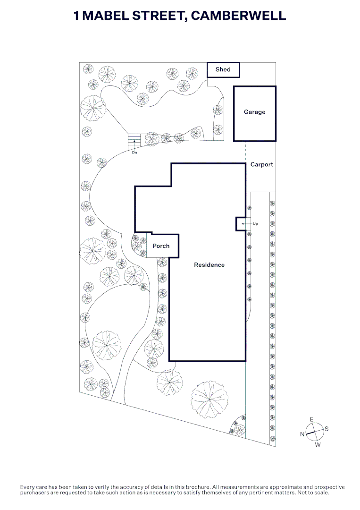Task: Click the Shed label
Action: [223, 69]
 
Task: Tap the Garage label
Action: [254, 112]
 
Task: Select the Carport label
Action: [261, 165]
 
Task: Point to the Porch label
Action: [161, 246]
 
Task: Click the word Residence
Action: [209, 265]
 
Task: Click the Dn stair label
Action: [134, 152]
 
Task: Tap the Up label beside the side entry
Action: [255, 224]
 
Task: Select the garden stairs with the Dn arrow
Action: [134, 142]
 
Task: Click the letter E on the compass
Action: [311, 419]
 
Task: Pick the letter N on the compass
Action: [302, 434]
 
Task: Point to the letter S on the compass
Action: [327, 429]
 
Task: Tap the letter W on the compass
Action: [318, 445]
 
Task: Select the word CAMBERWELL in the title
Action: [238, 16]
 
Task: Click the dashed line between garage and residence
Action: [246, 152]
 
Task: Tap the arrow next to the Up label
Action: [246, 224]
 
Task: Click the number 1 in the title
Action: [76, 16]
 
